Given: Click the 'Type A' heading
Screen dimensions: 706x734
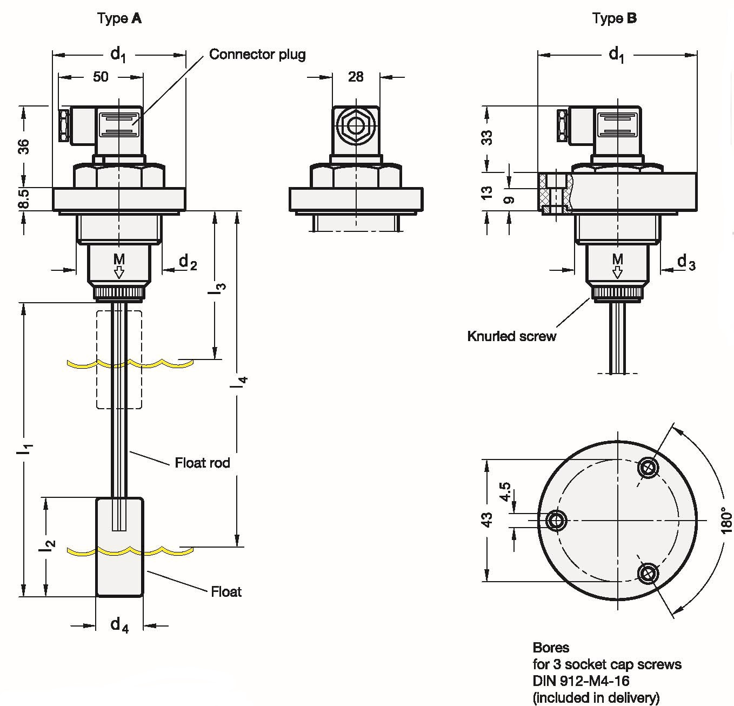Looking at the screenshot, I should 119,18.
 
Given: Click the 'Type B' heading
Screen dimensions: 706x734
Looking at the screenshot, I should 615,18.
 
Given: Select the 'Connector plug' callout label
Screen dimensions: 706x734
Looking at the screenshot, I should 257,54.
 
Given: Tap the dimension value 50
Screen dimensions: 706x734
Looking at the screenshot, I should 101,77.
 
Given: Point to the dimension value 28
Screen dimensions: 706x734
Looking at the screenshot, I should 356,77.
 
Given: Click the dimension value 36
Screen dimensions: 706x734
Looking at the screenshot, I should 24,146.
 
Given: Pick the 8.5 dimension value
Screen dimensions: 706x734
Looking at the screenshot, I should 24,199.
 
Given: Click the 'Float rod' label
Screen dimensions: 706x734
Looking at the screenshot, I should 202,463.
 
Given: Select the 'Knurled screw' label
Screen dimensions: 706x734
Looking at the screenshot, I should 511,336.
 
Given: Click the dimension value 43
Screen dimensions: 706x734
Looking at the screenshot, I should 487,520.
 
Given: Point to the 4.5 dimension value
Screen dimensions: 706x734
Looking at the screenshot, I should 505,491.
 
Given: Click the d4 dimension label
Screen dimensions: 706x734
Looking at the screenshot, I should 119,625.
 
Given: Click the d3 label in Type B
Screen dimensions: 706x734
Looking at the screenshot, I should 686,263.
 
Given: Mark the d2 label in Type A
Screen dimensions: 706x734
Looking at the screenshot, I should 188,263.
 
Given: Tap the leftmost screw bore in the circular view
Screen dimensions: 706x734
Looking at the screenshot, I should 556,521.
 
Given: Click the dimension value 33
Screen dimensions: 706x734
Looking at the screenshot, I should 487,137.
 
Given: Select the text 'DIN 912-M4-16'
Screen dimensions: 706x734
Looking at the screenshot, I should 581,681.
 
